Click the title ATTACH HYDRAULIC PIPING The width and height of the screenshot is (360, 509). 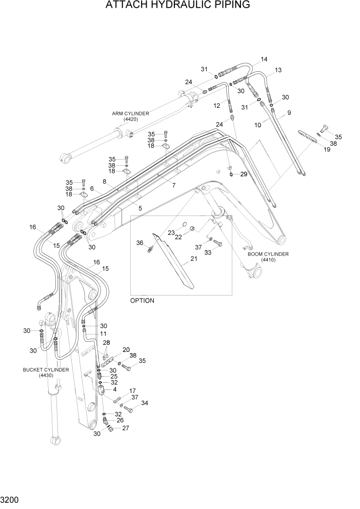tap(178, 6)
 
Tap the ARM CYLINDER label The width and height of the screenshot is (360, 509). tap(131, 113)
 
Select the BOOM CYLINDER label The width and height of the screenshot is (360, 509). tap(268, 254)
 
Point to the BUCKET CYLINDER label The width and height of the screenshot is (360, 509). tap(46, 369)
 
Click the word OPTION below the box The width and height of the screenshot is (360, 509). tap(142, 301)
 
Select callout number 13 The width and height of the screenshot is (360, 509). tap(278, 70)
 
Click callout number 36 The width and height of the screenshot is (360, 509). tap(139, 243)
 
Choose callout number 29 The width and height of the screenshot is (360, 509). tap(244, 174)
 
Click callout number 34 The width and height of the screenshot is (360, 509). tap(144, 403)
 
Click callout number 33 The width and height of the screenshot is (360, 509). tap(208, 252)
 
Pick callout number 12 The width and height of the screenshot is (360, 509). tap(217, 106)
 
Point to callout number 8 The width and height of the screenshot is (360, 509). tap(104, 182)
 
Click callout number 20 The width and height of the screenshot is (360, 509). tap(126, 350)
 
